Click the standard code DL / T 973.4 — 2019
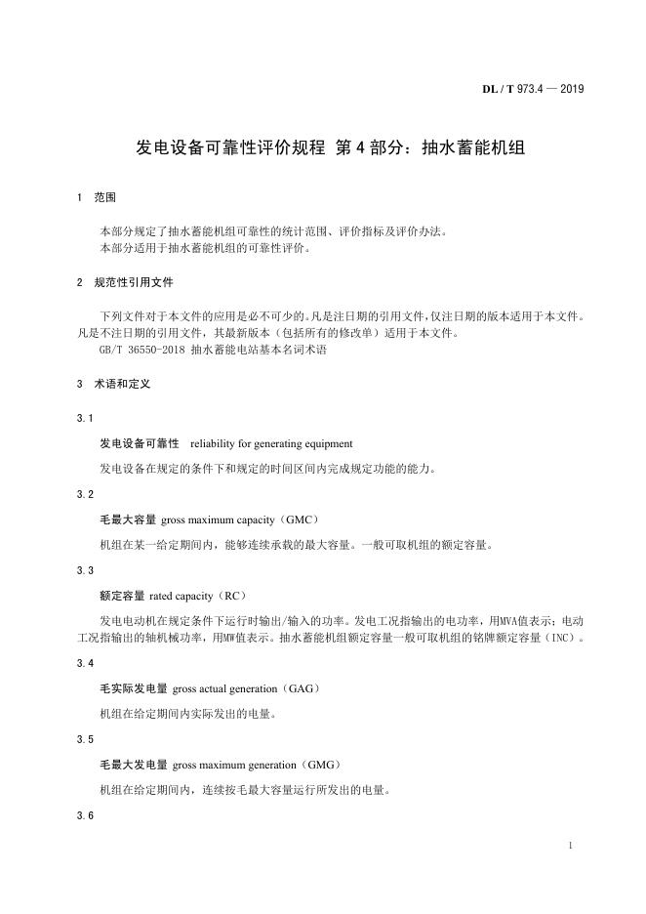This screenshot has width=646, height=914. (533, 90)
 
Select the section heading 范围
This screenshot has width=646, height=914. (104, 197)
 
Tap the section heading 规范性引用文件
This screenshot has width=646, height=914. (134, 281)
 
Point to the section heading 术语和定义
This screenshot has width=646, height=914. (122, 384)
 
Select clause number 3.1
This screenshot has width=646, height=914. (85, 418)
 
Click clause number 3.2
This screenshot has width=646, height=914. (85, 494)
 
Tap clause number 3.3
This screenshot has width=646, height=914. (85, 569)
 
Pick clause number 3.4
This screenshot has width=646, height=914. (85, 663)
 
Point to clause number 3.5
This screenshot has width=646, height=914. (85, 739)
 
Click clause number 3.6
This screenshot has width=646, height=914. (85, 814)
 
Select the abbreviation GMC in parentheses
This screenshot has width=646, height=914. (300, 519)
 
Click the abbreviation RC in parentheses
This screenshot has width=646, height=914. (233, 595)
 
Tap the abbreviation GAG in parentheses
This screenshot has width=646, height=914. (301, 688)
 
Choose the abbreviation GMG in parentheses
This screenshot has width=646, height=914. (321, 764)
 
